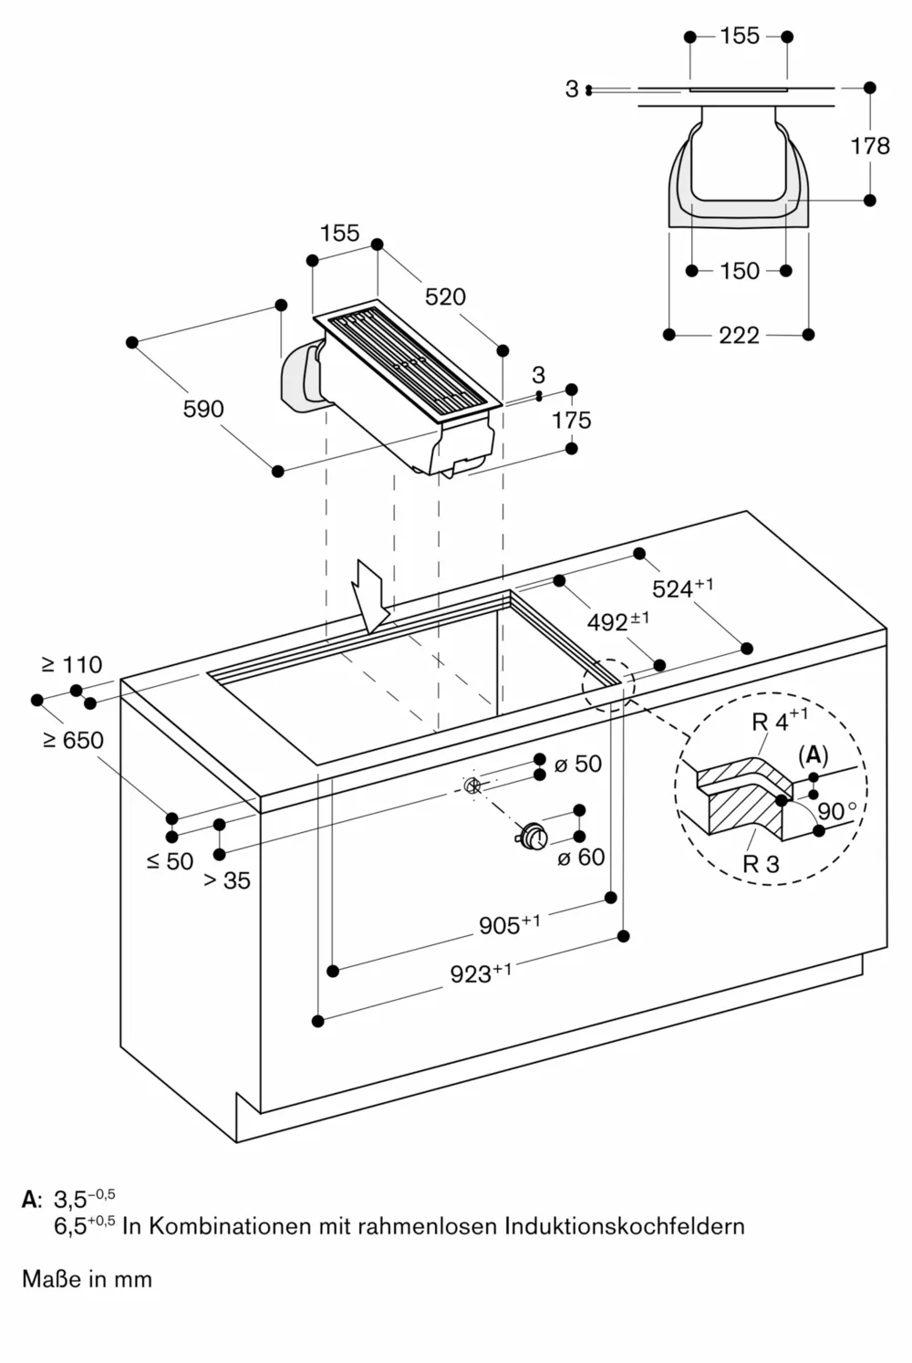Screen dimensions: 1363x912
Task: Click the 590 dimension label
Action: point(202,409)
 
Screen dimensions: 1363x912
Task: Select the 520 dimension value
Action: point(445,297)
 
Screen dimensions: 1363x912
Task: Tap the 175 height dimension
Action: point(571,420)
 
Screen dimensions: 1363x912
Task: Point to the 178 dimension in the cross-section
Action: point(869,145)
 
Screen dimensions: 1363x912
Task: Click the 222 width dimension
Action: point(739,336)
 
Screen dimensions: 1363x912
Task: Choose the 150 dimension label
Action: point(739,271)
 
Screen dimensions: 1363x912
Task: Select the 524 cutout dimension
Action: point(681,588)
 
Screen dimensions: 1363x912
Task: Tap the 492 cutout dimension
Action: point(617,621)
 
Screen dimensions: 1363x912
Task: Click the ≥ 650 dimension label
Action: point(73,740)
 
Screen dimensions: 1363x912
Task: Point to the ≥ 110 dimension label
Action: point(72,665)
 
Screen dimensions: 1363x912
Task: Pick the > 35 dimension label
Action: point(226,880)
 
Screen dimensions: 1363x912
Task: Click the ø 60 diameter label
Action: point(581,858)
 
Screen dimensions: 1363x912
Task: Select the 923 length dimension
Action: point(480,973)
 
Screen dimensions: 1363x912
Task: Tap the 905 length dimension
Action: point(509,925)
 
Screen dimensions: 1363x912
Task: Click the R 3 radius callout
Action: point(761,864)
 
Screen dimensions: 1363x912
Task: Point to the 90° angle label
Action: point(836,811)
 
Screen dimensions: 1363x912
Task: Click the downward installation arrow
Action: point(374,598)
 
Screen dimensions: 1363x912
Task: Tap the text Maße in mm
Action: point(87,1279)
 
